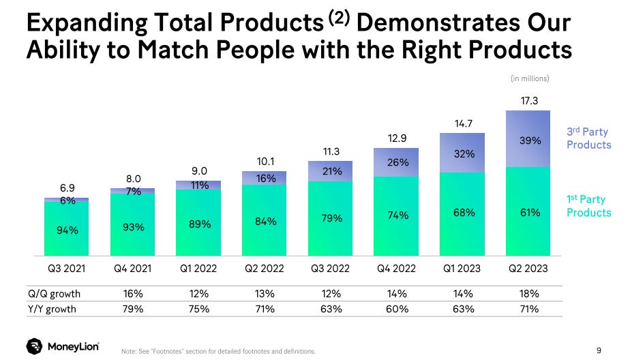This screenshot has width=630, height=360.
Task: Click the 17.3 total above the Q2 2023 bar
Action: [529, 100]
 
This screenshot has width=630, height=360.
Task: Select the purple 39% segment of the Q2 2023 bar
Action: [528, 138]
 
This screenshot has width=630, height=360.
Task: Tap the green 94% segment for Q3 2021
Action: [66, 228]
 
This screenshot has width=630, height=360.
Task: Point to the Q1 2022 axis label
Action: [198, 269]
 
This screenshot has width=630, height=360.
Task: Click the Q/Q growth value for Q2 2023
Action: [529, 294]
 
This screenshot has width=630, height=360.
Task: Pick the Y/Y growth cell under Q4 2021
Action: [133, 309]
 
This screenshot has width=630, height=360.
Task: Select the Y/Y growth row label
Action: [52, 309]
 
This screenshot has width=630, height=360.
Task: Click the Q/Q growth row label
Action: [55, 294]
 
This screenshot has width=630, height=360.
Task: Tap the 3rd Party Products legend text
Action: [588, 138]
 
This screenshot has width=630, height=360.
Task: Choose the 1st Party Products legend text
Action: [588, 206]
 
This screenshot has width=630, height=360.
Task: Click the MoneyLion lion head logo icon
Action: [35, 346]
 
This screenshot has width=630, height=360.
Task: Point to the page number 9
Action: [599, 350]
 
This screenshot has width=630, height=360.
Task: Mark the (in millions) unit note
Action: [530, 78]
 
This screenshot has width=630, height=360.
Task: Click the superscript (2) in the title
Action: [339, 17]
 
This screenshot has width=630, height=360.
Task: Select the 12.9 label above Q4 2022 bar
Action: [397, 138]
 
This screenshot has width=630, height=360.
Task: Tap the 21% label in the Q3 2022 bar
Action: [332, 171]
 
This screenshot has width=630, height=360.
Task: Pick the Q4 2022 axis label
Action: [396, 269]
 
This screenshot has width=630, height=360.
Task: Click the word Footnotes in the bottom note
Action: [168, 351]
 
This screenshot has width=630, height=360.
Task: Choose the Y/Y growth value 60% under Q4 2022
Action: [397, 309]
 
